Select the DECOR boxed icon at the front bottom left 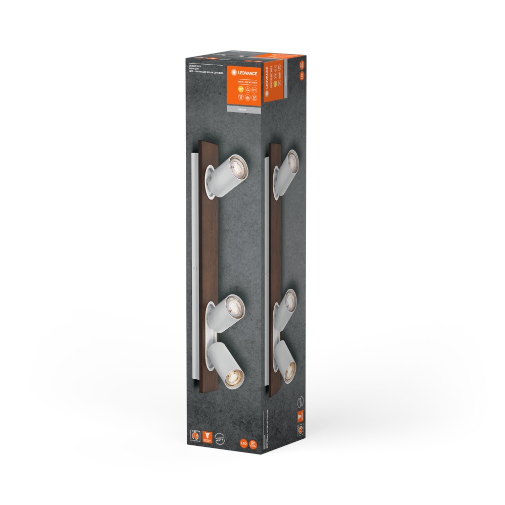(193, 435)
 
